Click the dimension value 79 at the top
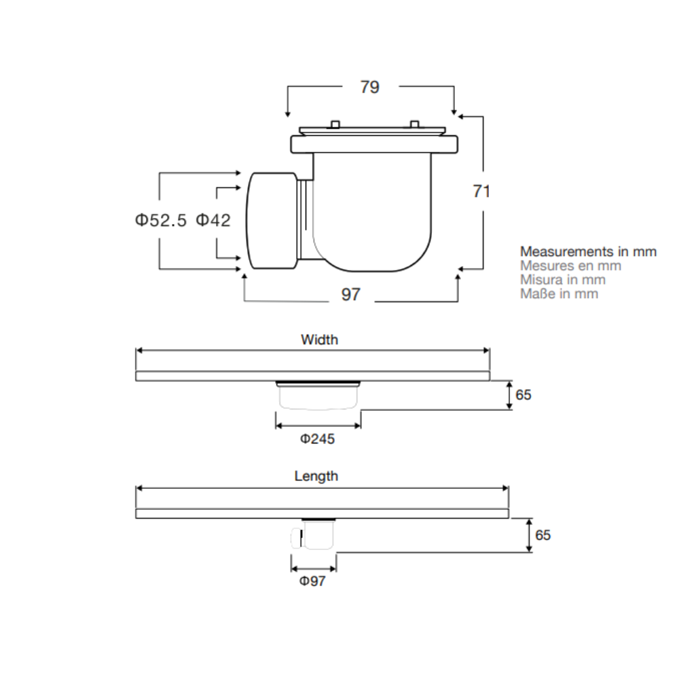coord(370,87)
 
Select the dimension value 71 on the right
coord(481,191)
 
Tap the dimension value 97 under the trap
coord(351,295)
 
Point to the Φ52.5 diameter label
coord(161,220)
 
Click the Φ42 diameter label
coord(213,220)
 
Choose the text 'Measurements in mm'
coord(588,252)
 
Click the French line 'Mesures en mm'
coord(571,265)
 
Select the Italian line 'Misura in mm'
coord(562,280)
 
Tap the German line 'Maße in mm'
coord(559,293)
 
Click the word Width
coord(320,339)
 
